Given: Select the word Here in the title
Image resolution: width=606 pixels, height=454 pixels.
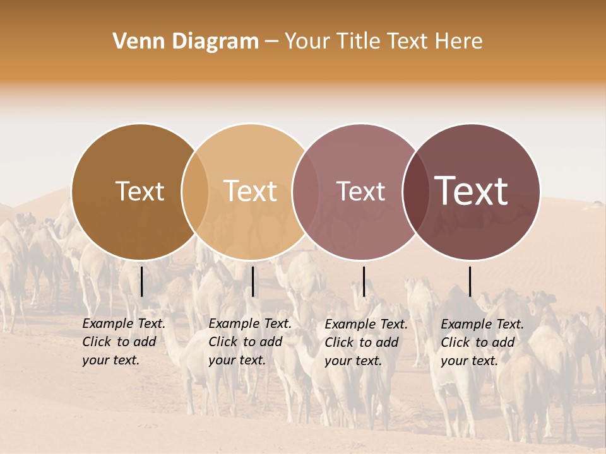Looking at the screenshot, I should pyautogui.click(x=460, y=42).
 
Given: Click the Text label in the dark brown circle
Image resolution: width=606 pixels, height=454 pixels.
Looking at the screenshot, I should pyautogui.click(x=140, y=191).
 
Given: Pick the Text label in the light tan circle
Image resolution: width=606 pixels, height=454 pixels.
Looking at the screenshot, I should pyautogui.click(x=251, y=191).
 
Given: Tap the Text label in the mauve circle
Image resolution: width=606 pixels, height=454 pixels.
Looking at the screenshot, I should pyautogui.click(x=361, y=191).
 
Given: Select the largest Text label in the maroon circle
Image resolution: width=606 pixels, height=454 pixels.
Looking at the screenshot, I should pyautogui.click(x=472, y=191).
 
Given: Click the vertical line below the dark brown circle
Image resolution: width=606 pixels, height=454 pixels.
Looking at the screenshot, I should pyautogui.click(x=142, y=281).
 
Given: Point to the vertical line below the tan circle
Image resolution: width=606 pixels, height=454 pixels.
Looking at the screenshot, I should pyautogui.click(x=252, y=281).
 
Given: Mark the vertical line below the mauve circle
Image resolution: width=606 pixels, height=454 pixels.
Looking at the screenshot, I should pyautogui.click(x=364, y=281).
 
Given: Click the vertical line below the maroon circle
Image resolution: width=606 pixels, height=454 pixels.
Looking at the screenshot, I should pyautogui.click(x=470, y=281).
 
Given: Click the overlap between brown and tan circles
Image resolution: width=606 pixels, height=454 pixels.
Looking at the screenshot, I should pyautogui.click(x=195, y=191).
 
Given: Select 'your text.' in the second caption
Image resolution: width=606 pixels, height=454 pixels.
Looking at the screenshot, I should pyautogui.click(x=237, y=361).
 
